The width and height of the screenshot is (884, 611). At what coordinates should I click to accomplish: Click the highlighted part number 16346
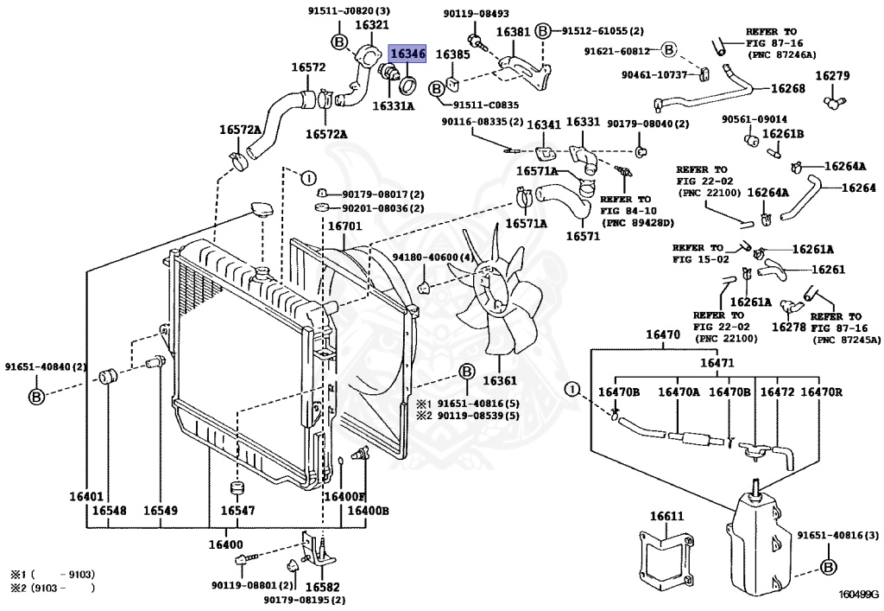pos(408,54)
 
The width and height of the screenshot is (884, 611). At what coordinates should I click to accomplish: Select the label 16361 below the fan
pos(500,380)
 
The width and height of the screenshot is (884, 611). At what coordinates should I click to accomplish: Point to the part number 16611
pos(666,516)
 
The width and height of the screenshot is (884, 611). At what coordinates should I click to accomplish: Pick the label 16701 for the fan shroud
pos(345,226)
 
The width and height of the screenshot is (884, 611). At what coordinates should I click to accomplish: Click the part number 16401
pos(86,496)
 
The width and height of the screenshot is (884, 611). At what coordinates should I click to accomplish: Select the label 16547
pos(237,511)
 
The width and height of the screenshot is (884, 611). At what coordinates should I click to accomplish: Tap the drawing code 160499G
pos(858,594)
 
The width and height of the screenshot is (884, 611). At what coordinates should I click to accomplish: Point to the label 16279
pos(833,75)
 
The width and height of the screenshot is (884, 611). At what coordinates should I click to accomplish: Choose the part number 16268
pos(788,88)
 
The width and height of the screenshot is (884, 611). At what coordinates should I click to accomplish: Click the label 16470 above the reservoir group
pos(663,334)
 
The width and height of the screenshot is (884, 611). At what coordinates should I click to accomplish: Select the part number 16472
pos(777,391)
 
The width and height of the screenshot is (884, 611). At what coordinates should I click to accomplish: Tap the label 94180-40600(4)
pos(426,258)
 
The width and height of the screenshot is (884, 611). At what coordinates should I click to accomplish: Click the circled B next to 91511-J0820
pos(339,41)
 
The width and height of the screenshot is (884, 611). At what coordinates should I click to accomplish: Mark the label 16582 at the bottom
pos(323,588)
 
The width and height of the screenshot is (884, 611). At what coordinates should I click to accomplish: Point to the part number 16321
pos(371,25)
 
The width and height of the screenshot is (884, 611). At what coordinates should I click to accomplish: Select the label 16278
pos(789,327)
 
